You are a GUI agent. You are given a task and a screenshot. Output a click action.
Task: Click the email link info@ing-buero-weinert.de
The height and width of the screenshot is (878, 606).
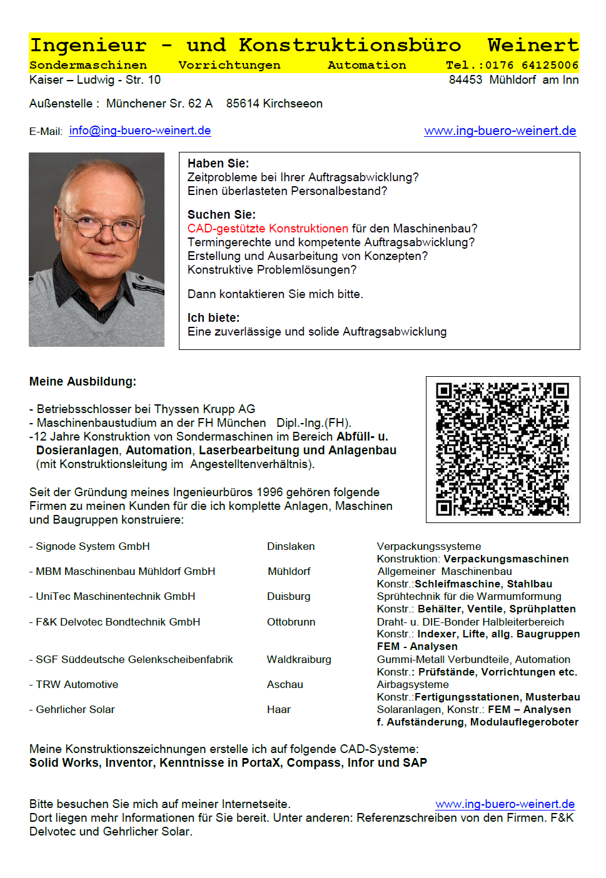139,131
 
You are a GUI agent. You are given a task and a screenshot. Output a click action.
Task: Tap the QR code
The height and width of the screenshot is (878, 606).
502,449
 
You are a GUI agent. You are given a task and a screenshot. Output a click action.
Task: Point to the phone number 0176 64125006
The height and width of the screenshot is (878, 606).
532,65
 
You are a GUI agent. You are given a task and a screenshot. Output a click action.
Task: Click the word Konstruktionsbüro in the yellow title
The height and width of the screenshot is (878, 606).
350,46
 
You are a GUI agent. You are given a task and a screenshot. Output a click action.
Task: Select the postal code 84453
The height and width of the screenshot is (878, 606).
465,80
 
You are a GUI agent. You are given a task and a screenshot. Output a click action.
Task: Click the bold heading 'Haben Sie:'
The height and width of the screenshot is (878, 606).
218,163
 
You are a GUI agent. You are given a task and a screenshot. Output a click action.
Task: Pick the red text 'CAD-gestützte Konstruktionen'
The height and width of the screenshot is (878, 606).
268,229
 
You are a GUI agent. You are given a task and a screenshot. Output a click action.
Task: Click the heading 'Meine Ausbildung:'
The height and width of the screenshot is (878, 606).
83,381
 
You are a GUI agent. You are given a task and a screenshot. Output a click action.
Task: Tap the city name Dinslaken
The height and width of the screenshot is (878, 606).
291,546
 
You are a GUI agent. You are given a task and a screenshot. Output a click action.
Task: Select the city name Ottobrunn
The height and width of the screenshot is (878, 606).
291,622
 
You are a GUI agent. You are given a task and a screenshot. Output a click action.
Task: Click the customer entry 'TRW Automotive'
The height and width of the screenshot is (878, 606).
77,684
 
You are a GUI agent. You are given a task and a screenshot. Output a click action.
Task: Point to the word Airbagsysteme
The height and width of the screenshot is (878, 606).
413,684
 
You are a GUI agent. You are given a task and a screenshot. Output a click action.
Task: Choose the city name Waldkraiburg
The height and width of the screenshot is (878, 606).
299,659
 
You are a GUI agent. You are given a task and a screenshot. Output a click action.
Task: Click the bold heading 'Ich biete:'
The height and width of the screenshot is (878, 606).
213,317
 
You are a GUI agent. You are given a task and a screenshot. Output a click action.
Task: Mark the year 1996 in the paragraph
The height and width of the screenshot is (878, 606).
269,492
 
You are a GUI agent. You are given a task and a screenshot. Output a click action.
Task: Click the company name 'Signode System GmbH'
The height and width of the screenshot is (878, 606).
93,546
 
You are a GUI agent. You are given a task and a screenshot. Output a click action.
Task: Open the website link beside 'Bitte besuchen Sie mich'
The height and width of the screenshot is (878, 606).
505,804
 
